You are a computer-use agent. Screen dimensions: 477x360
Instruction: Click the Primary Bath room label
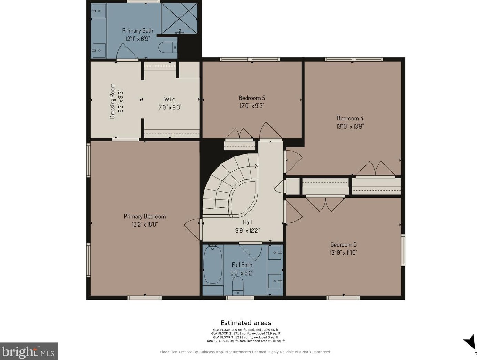[x=138, y=31]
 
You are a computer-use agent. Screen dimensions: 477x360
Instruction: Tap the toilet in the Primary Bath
[x=168, y=47]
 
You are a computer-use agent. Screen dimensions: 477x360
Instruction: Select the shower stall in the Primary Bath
[x=179, y=19]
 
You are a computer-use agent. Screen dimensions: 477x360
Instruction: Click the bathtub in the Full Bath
[x=213, y=264]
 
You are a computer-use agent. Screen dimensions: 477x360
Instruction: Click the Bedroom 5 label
[x=252, y=98]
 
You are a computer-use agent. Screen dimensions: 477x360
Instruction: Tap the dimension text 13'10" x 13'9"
[x=350, y=126]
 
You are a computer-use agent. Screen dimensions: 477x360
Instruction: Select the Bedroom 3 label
[x=343, y=244]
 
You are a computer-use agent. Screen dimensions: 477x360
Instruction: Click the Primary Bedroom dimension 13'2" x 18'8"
[x=145, y=224]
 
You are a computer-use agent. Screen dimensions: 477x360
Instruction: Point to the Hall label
[x=247, y=222]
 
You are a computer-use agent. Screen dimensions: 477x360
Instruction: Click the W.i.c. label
[x=170, y=99]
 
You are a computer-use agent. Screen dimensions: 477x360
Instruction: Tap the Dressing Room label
[x=112, y=101]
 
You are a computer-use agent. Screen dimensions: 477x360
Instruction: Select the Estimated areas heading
[x=245, y=323]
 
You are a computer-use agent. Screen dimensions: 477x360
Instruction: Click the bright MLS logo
[x=29, y=351]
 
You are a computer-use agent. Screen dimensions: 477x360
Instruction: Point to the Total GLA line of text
[x=245, y=341]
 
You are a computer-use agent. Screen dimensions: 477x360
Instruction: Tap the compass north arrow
[x=470, y=348]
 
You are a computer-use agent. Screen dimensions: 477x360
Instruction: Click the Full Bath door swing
[x=252, y=252]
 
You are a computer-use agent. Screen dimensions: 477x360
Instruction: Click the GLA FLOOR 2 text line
[x=245, y=333]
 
